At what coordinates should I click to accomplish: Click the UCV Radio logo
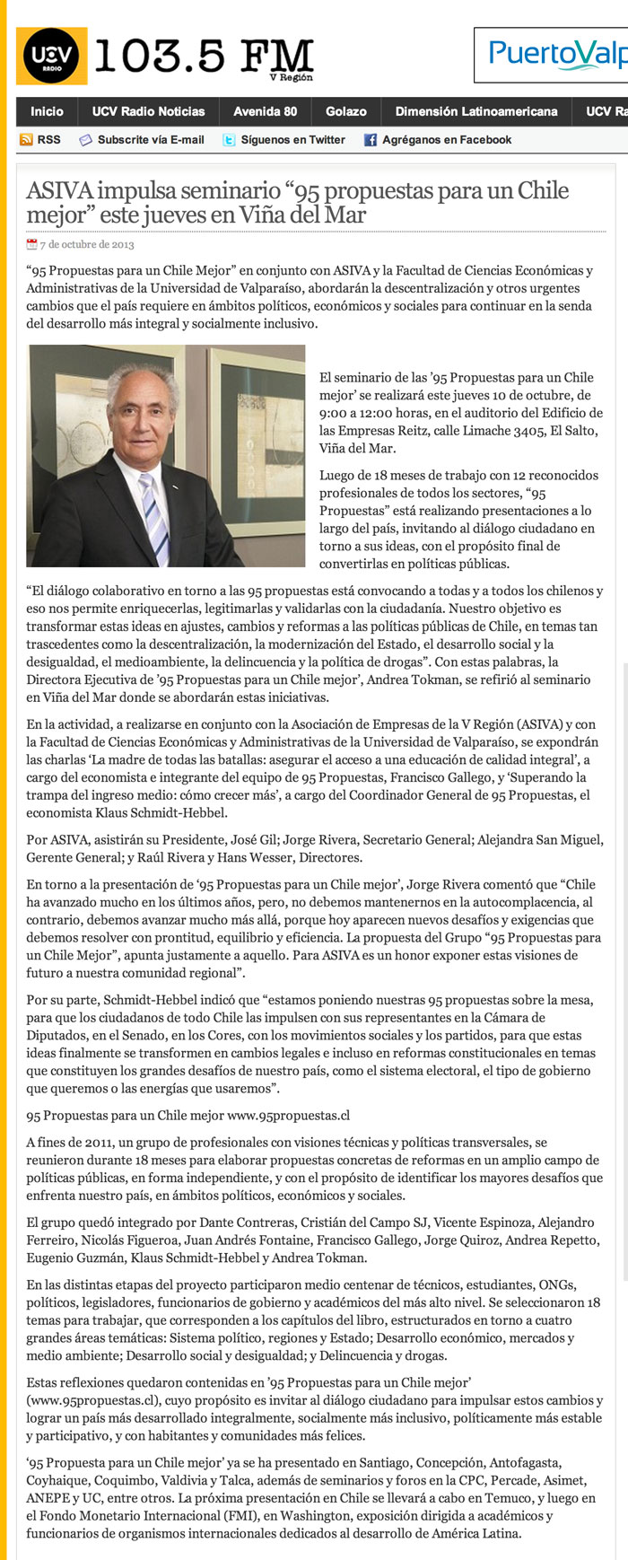click(51, 56)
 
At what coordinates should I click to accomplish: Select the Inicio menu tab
click(47, 111)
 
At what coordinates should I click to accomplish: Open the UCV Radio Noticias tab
click(149, 111)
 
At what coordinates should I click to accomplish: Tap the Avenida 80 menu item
click(265, 111)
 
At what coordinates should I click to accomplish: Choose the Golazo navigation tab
click(346, 111)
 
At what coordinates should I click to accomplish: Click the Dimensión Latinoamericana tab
click(476, 111)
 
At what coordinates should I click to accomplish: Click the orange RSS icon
click(26, 140)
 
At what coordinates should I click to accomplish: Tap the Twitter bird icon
click(229, 140)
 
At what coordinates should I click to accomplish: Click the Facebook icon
click(370, 140)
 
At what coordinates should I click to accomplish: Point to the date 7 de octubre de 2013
click(87, 244)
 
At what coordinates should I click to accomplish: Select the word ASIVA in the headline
click(59, 191)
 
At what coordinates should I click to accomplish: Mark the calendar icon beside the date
click(32, 244)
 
